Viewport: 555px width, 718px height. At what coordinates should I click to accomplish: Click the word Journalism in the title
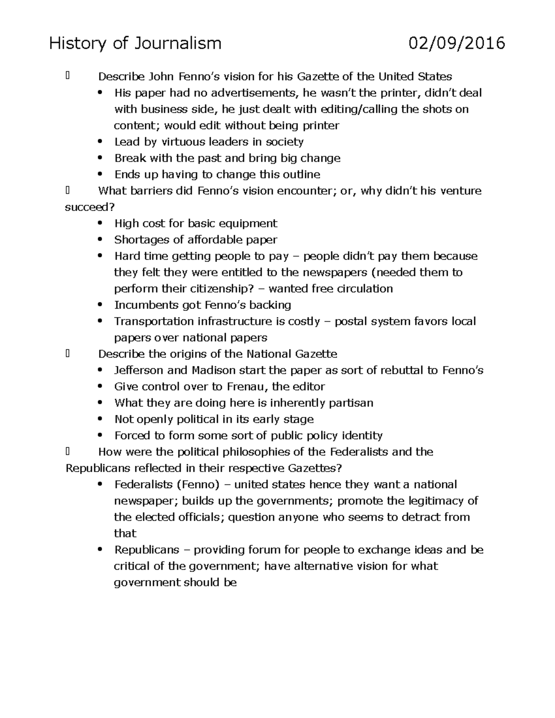point(178,43)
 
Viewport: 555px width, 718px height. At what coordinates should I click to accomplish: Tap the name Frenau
point(247,387)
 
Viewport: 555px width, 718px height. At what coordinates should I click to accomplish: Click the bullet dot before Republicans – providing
point(99,550)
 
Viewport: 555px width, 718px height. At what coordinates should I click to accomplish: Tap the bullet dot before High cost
point(99,223)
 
